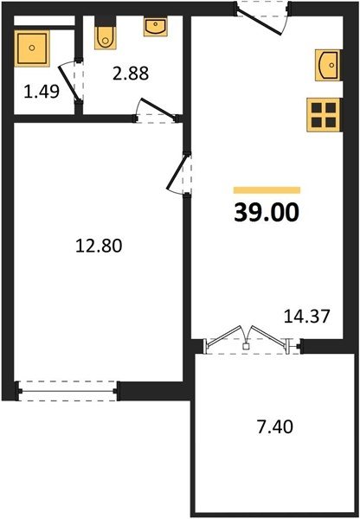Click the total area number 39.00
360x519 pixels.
tap(267, 212)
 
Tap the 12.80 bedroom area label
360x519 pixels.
tap(99, 246)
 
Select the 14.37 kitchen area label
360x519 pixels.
tap(307, 316)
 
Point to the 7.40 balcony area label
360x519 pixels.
tap(275, 426)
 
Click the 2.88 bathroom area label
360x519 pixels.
tap(131, 74)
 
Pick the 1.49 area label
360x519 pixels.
tap(42, 92)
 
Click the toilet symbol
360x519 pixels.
tap(106, 33)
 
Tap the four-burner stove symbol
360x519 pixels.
tap(325, 115)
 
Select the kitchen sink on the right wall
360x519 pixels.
tap(328, 65)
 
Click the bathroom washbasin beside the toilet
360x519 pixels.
tap(155, 27)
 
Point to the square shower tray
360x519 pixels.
tap(32, 48)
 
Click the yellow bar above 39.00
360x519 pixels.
tap(267, 190)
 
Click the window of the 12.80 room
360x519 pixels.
tap(67, 391)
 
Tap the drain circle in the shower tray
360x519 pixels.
tap(32, 48)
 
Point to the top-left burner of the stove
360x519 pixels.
tap(317, 108)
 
